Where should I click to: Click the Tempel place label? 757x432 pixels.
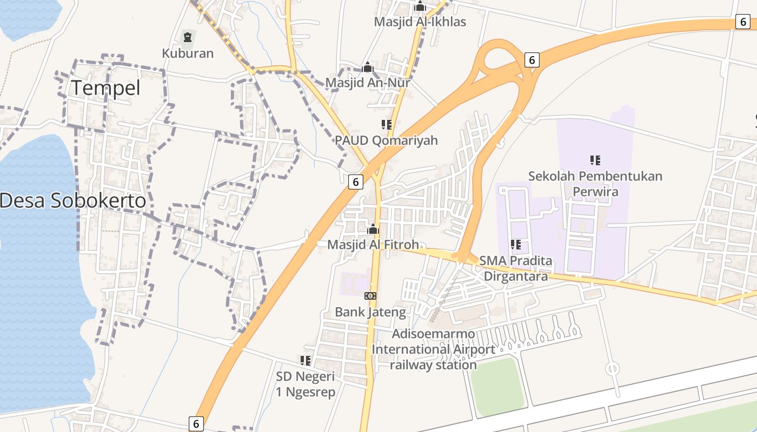(x=106, y=88)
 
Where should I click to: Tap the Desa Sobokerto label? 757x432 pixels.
(x=73, y=201)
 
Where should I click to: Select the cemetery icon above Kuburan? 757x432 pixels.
(x=188, y=37)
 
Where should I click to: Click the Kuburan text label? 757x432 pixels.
(x=188, y=53)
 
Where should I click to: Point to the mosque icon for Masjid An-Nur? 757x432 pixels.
(x=368, y=67)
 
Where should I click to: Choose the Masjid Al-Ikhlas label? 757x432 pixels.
(x=420, y=22)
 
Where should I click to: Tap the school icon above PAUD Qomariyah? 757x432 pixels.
(x=386, y=125)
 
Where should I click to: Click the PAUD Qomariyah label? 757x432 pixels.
(x=386, y=140)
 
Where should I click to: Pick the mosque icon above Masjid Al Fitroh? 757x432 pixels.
(x=373, y=230)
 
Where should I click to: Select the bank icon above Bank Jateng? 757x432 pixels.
(x=370, y=296)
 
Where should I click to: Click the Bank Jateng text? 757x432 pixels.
(x=370, y=312)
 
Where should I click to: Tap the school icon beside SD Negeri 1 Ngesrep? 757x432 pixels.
(x=306, y=360)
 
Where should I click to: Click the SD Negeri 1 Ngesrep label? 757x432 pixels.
(x=306, y=384)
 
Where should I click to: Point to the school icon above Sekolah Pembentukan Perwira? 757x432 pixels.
(x=595, y=160)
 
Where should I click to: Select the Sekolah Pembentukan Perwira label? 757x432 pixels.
(x=595, y=184)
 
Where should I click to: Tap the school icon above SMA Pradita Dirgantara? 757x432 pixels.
(x=516, y=245)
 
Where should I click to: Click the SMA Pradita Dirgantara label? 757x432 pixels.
(x=516, y=268)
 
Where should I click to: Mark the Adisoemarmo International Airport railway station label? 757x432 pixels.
(x=433, y=349)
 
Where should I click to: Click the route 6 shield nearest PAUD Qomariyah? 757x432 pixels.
(x=355, y=182)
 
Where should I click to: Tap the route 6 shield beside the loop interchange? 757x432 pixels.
(x=532, y=60)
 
